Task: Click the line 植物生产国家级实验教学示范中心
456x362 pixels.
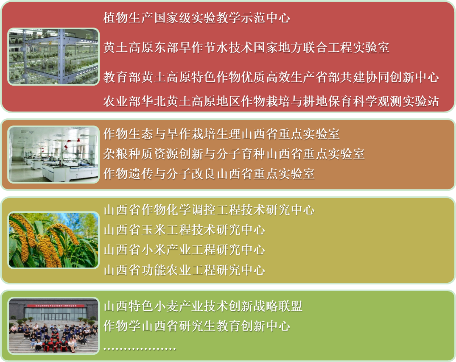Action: pyautogui.click(x=196, y=18)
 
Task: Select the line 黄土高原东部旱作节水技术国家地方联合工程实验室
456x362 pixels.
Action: pyautogui.click(x=246, y=47)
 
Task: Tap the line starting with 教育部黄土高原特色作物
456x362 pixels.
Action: pyautogui.click(x=271, y=77)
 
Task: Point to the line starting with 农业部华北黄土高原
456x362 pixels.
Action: pyautogui.click(x=271, y=101)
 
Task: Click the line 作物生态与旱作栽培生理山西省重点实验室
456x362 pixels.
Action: pyautogui.click(x=221, y=134)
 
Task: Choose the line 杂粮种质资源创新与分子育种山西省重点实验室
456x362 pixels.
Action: pyautogui.click(x=234, y=154)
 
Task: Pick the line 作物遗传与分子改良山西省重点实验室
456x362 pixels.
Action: pyautogui.click(x=209, y=174)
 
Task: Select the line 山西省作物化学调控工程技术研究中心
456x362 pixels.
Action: pyautogui.click(x=209, y=210)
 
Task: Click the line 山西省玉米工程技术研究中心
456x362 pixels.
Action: pyautogui.click(x=185, y=230)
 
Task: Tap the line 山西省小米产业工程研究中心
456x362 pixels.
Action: pyautogui.click(x=185, y=250)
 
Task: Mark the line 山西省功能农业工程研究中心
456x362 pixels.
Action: pyautogui.click(x=185, y=270)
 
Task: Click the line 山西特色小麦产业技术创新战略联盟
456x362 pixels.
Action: pyautogui.click(x=203, y=306)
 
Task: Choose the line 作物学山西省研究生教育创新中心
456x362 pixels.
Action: pyautogui.click(x=196, y=326)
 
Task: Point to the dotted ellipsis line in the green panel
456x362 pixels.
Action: pyautogui.click(x=140, y=348)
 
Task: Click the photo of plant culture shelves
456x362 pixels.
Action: pyautogui.click(x=53, y=57)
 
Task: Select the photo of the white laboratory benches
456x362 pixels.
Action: pyautogui.click(x=53, y=155)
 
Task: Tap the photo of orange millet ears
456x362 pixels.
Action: pyautogui.click(x=53, y=240)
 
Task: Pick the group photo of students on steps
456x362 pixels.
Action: pyautogui.click(x=53, y=326)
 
